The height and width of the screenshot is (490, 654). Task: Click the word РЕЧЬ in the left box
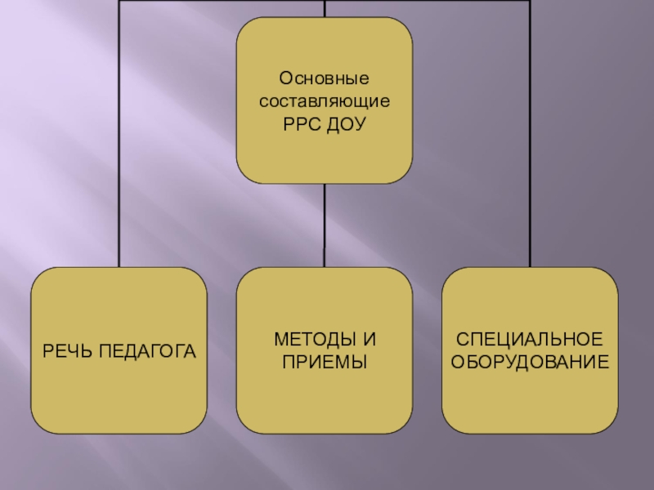coord(65,351)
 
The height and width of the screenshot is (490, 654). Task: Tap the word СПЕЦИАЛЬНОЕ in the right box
coord(530,339)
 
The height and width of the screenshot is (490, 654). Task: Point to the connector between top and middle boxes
coord(325,225)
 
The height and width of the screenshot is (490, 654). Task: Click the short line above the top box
coord(325,8)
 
